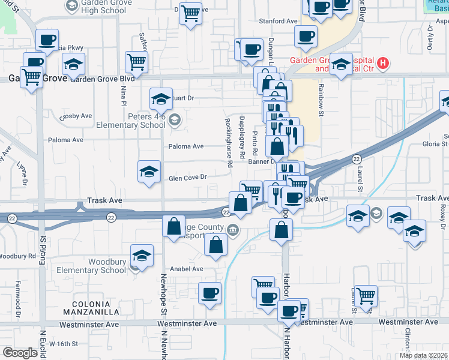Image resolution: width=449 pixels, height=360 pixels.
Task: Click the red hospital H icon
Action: coord(382,62)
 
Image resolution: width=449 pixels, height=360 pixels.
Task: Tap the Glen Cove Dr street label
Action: coord(188,177)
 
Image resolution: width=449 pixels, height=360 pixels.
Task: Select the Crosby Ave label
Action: coord(76,116)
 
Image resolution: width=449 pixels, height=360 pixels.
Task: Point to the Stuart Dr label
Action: coord(182,97)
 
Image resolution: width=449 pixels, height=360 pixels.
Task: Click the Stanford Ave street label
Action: coord(278,21)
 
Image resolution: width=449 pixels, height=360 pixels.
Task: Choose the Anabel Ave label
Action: coord(187,269)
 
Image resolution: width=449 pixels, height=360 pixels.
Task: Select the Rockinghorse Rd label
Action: coord(229,142)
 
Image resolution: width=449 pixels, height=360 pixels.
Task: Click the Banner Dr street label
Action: coord(261,161)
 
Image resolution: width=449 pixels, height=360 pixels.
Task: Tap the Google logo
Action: coord(20,353)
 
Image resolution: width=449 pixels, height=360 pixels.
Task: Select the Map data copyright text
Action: coord(424,355)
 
